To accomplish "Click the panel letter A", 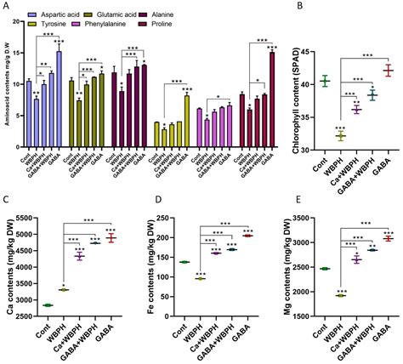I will point(7,7).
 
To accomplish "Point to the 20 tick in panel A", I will point(20,19).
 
